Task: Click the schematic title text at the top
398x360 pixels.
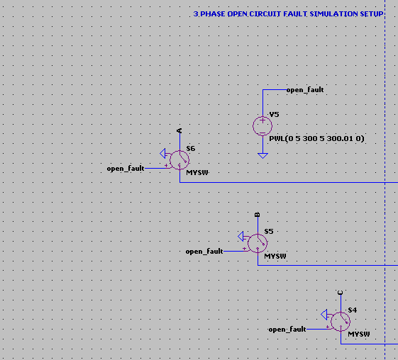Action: [288, 14]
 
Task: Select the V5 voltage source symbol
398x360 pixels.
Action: [262, 126]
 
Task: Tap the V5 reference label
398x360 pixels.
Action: [274, 115]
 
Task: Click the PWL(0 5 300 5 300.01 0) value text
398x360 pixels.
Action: [316, 139]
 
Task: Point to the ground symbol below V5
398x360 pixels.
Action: [262, 155]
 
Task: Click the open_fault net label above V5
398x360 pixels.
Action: [305, 90]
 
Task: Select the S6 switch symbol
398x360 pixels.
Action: [179, 160]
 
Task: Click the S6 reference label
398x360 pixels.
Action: [191, 149]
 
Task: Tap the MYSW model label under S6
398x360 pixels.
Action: [197, 173]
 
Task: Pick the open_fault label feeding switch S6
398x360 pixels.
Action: [126, 169]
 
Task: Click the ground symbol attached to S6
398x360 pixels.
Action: [163, 153]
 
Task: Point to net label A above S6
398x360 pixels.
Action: [179, 130]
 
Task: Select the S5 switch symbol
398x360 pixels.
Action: [258, 243]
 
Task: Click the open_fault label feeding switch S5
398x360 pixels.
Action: [204, 252]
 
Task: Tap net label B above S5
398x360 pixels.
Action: [257, 215]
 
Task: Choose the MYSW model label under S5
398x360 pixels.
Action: [275, 256]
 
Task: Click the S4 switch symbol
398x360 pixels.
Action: [341, 322]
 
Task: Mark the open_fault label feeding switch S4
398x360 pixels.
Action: [287, 330]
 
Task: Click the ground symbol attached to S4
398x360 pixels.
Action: [324, 315]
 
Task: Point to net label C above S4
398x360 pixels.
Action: [341, 293]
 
